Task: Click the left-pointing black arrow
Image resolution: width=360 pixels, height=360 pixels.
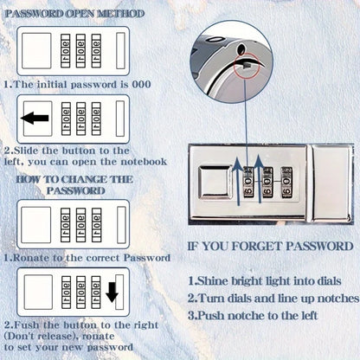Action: tap(35, 118)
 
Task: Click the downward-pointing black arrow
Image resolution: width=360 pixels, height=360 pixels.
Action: tap(112, 293)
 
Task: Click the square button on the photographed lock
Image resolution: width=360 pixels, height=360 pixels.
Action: tap(215, 184)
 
